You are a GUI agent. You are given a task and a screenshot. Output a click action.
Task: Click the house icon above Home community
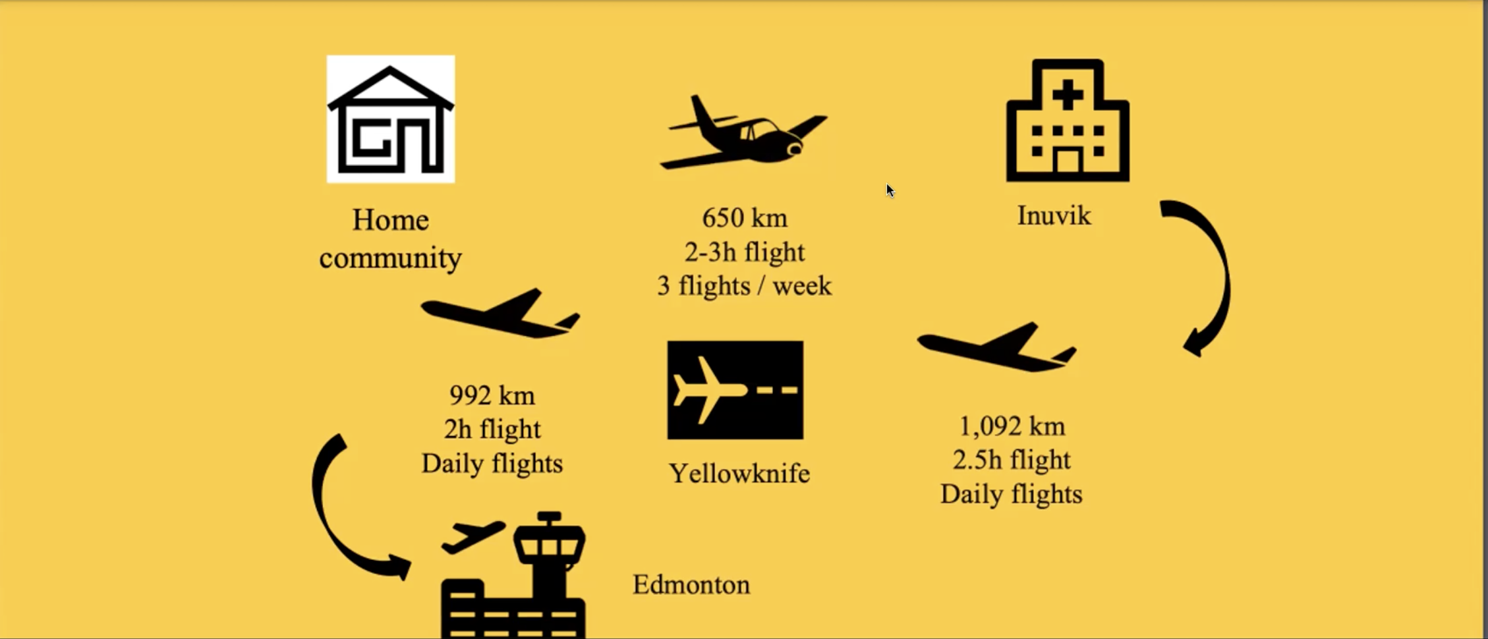coord(391,119)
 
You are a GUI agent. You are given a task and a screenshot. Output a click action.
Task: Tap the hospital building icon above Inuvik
coord(1068,120)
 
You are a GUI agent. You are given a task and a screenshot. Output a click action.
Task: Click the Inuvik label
coord(1054,216)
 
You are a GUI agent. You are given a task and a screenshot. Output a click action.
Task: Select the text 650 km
coord(745,218)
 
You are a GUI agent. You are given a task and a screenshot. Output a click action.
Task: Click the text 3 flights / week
coord(745,286)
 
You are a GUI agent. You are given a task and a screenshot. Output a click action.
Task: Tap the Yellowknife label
coord(739,474)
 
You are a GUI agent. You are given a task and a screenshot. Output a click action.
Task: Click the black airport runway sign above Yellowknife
coord(735,390)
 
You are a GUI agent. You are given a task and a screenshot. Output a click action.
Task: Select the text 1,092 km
coord(1012,427)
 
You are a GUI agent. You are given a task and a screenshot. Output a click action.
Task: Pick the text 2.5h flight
coord(1012,460)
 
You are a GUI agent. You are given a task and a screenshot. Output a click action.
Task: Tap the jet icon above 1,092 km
coord(996,347)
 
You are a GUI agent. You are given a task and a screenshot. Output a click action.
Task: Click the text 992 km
coord(492,396)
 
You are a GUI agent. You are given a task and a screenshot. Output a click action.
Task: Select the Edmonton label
coord(691,585)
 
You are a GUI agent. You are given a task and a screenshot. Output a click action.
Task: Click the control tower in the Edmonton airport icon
coord(549,553)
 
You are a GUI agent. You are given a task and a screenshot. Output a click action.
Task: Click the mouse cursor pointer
coord(890,190)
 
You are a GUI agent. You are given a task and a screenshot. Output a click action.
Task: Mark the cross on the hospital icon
coord(1068,96)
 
